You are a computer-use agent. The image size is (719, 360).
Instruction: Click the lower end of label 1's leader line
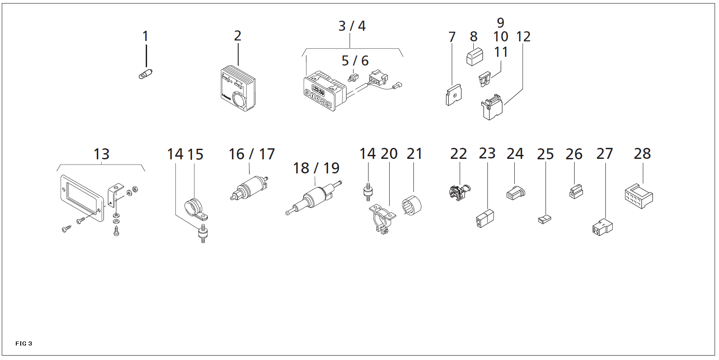[146, 67]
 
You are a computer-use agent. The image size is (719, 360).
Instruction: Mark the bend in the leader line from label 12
[523, 89]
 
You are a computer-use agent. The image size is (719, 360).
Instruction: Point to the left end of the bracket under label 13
[57, 171]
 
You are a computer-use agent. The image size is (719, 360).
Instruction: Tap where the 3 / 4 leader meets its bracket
[350, 48]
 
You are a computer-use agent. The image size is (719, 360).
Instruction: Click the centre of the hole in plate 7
[455, 96]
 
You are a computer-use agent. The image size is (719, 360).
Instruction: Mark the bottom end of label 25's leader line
[546, 215]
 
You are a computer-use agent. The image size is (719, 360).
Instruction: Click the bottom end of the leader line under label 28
[643, 183]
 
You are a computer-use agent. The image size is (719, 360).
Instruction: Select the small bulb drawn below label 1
[145, 74]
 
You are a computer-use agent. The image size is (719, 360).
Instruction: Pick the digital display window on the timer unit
[318, 91]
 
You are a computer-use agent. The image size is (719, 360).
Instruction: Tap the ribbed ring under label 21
[412, 206]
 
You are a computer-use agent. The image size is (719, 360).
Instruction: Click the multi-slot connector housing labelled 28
[639, 196]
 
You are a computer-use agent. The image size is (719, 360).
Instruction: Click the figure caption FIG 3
[24, 343]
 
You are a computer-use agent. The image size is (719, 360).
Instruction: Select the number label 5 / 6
[355, 60]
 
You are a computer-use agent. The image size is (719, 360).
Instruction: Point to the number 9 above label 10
[501, 23]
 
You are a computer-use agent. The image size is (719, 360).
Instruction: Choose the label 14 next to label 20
[368, 154]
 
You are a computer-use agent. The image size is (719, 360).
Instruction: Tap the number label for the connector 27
[605, 154]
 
